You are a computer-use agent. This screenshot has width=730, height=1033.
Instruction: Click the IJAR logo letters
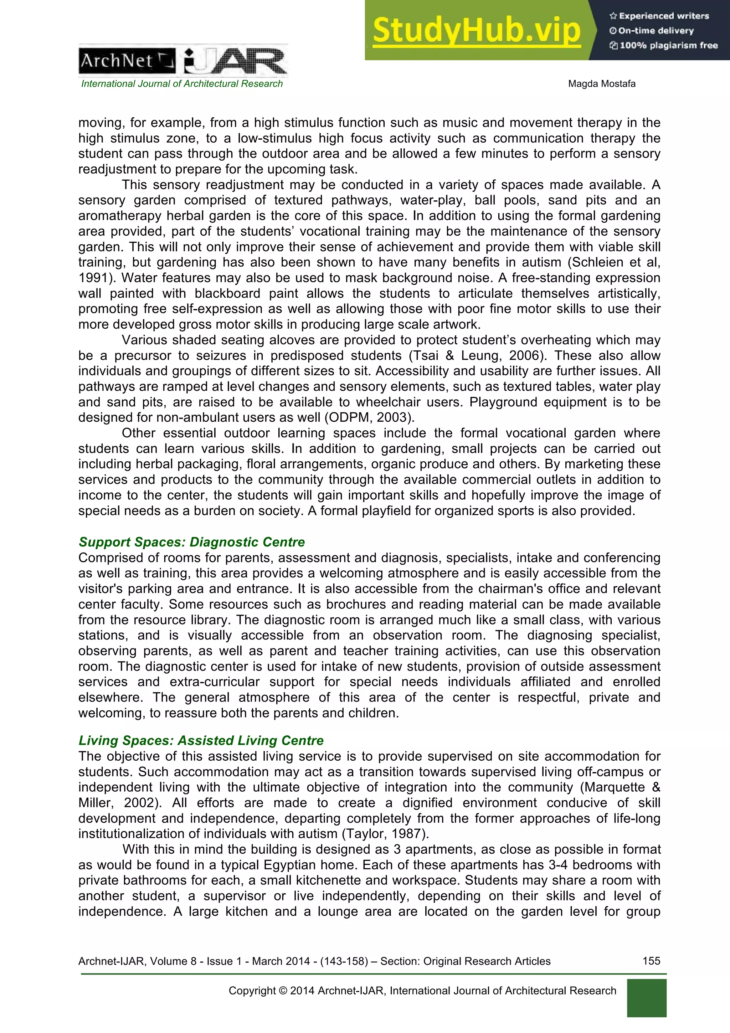click(235, 62)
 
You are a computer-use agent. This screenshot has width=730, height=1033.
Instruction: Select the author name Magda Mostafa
click(601, 84)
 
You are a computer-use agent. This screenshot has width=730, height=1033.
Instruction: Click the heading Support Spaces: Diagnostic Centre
click(192, 542)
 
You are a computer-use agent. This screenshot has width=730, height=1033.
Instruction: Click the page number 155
click(651, 961)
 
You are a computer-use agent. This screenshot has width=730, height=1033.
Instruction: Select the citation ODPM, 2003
click(368, 417)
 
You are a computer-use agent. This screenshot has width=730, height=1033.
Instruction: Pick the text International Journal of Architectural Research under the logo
click(182, 84)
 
